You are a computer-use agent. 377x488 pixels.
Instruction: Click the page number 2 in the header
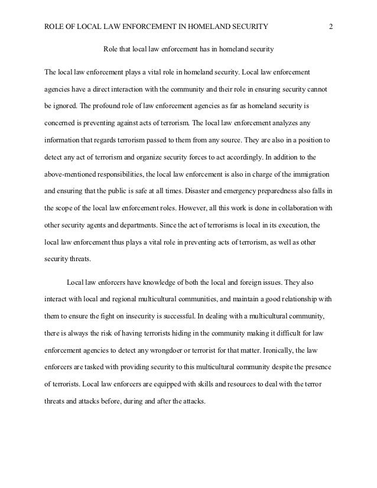[331, 26]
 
